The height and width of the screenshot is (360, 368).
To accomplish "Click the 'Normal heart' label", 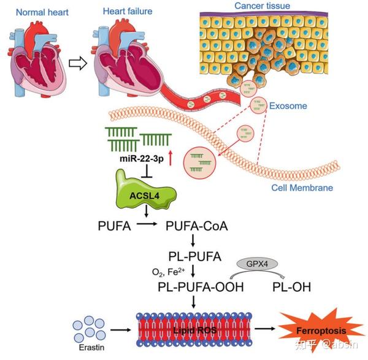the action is click(42, 12).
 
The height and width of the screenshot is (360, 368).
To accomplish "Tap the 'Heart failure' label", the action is click(128, 11).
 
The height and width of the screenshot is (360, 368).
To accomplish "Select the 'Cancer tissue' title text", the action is click(262, 6).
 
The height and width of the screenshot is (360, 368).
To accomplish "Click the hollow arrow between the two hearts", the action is click(78, 63).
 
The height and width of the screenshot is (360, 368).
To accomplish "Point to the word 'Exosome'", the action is click(288, 106).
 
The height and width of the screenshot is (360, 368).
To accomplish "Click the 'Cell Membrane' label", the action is click(302, 188).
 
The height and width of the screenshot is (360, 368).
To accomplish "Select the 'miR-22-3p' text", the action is click(142, 159).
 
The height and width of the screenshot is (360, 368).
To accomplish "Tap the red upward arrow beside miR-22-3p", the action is click(171, 158).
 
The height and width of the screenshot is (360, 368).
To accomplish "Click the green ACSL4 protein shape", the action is click(145, 190).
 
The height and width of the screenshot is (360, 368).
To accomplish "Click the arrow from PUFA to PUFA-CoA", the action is click(147, 224).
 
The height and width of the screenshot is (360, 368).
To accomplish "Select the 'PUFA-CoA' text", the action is click(197, 226).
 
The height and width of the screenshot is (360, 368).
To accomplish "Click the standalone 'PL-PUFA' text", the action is click(195, 256).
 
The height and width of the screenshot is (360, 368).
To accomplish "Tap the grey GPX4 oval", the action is click(257, 264).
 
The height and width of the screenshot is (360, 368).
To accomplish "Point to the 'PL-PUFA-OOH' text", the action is click(201, 287).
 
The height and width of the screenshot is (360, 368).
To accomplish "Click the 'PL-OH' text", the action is click(291, 287).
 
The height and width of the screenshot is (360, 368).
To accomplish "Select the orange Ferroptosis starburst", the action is click(321, 331).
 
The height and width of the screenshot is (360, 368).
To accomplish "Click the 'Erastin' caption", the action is click(91, 347).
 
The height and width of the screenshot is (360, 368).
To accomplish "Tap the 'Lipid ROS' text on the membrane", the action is click(194, 331).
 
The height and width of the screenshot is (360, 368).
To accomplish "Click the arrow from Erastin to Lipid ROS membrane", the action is click(120, 330).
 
